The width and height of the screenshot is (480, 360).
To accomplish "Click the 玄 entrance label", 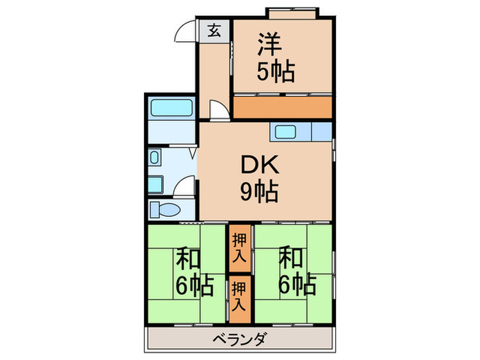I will pyautogui.click(x=215, y=32).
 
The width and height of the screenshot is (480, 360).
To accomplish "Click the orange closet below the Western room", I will pyautogui.click(x=282, y=107).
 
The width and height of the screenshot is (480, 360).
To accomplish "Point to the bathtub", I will pyautogui.click(x=171, y=108).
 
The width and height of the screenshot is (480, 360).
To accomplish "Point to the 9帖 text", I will pyautogui.click(x=259, y=193).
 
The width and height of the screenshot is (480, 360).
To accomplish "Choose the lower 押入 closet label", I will pyautogui.click(x=239, y=293).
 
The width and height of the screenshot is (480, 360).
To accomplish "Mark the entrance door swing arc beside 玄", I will pyautogui.click(x=187, y=33).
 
